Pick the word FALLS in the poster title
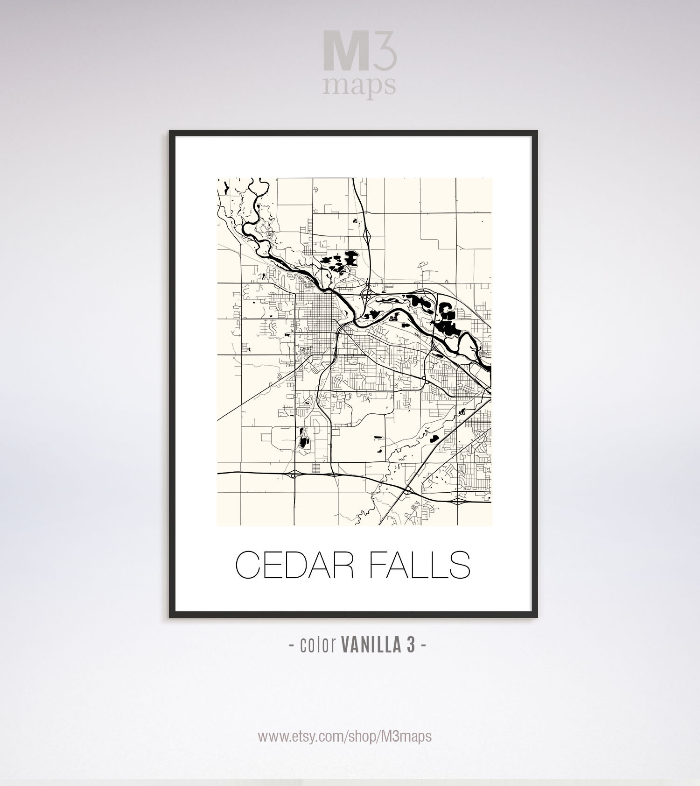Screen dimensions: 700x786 click(x=419, y=565)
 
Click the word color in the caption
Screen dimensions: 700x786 click(x=318, y=645)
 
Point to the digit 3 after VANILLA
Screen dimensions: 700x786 click(x=411, y=645)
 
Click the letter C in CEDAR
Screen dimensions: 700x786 click(x=248, y=565)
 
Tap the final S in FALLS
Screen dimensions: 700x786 click(x=459, y=565)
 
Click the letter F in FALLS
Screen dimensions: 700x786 click(x=378, y=565)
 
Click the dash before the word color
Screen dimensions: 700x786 click(x=292, y=646)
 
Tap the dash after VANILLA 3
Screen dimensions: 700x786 click(x=423, y=646)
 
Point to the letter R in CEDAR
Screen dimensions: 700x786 click(x=346, y=565)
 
